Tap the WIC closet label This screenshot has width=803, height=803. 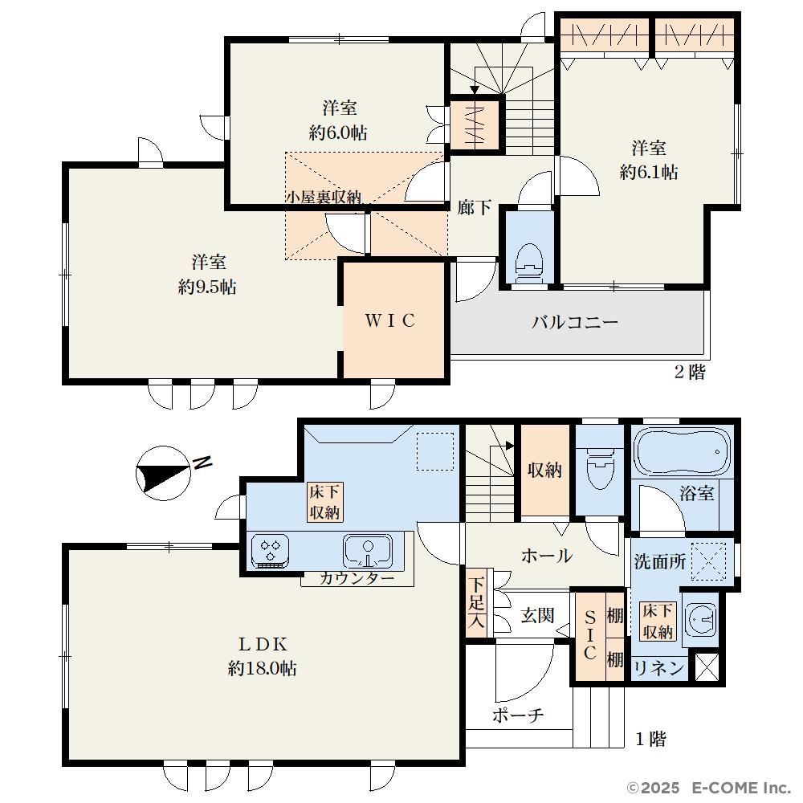tap(389, 320)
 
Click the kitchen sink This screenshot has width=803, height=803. tap(369, 551)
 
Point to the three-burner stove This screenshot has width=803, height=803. tap(270, 551)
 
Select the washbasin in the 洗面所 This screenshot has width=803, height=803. tap(700, 619)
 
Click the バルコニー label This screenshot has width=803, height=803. tap(575, 322)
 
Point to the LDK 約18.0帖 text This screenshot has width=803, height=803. tap(263, 655)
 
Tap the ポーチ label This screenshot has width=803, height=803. tap(518, 715)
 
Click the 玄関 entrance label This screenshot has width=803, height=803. tap(537, 615)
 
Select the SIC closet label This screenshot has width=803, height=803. tap(590, 634)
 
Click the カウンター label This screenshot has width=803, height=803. tap(357, 579)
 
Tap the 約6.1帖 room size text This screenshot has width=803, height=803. tap(649, 172)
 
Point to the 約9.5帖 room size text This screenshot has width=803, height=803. tap(207, 287)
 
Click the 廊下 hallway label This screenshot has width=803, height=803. tap(475, 207)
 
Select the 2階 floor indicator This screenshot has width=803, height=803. tap(690, 372)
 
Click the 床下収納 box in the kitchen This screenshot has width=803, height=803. tap(324, 502)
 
